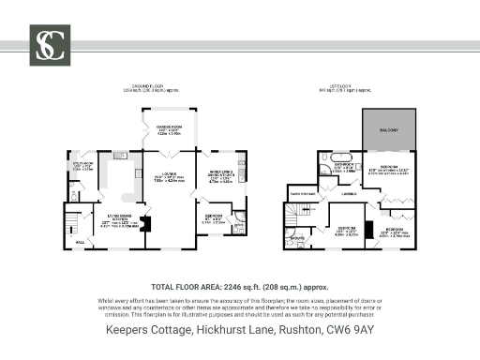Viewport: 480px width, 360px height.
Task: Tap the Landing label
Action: coord(348,194)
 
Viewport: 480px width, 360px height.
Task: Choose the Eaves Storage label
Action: coord(302,195)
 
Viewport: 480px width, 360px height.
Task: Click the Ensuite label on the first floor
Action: coord(298,238)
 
